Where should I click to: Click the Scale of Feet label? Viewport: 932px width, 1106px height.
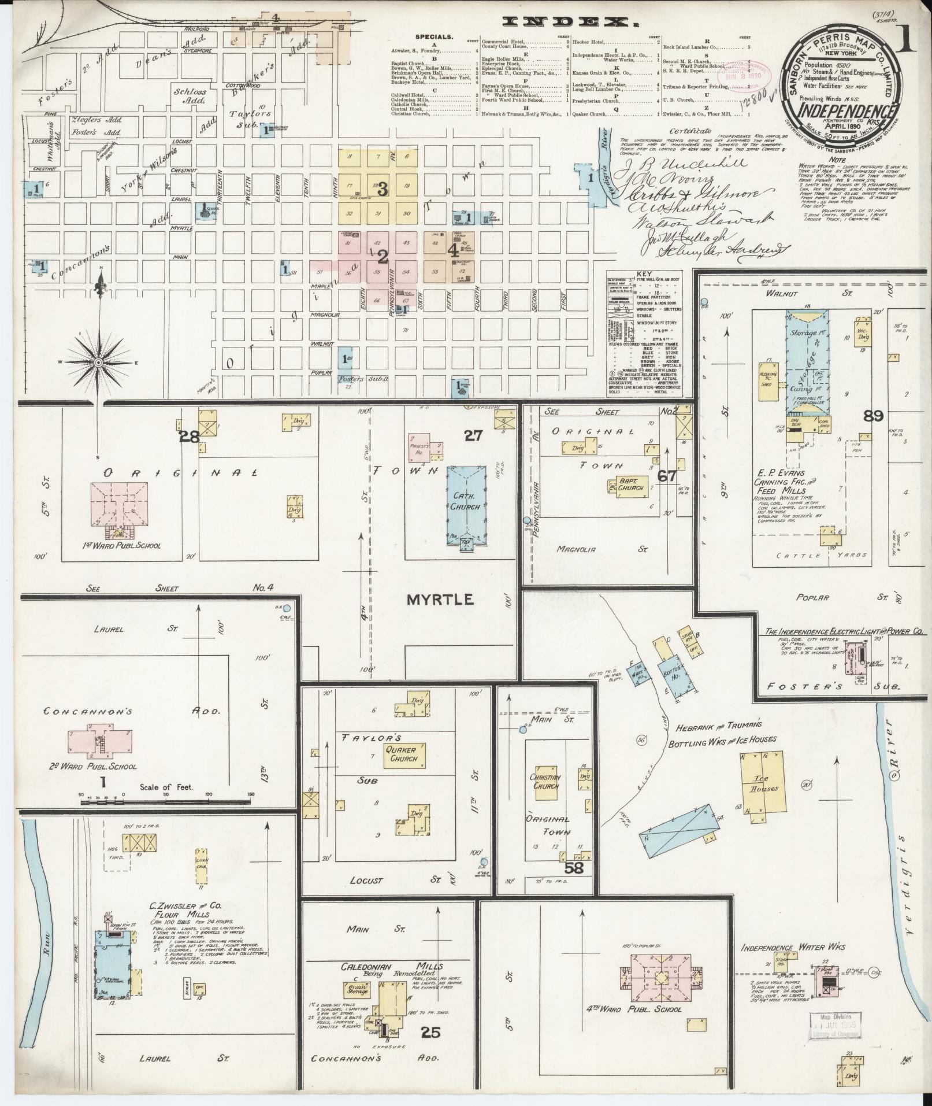(x=166, y=787)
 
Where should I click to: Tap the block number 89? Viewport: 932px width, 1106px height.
(x=872, y=416)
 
